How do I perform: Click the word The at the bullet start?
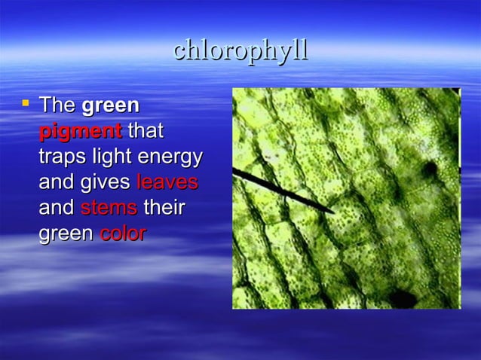(x=57, y=105)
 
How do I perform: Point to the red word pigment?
(x=80, y=131)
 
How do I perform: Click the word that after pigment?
(x=146, y=131)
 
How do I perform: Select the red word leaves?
(x=167, y=182)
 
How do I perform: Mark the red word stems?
(x=109, y=208)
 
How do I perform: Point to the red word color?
(x=123, y=233)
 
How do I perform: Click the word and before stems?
(x=57, y=208)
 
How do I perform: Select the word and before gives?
(x=57, y=182)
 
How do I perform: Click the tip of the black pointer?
(x=334, y=212)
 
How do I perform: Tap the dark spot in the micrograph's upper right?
(x=431, y=169)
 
